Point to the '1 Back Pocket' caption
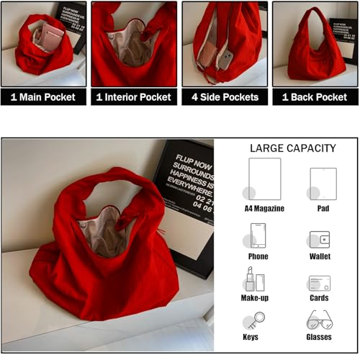pyautogui.click(x=314, y=97)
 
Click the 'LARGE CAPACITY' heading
pyautogui.click(x=292, y=148)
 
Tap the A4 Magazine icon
pyautogui.click(x=264, y=179)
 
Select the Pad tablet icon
pyautogui.click(x=322, y=183)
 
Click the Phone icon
pyautogui.click(x=258, y=235)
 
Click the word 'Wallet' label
pyautogui.click(x=320, y=256)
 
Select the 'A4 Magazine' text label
pyautogui.click(x=264, y=209)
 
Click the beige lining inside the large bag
pyautogui.click(x=104, y=230)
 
